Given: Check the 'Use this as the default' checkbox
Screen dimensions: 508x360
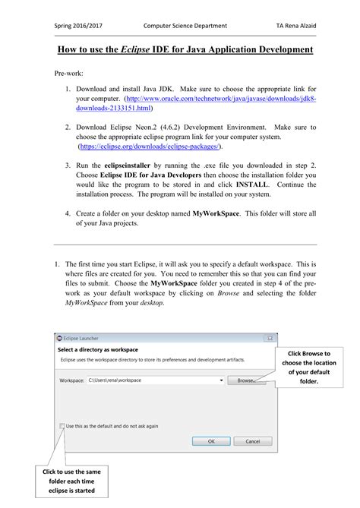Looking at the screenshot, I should [62, 426].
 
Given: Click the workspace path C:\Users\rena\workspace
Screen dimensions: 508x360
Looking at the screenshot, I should [114, 380].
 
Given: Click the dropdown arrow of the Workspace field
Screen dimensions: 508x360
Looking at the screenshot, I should [220, 380].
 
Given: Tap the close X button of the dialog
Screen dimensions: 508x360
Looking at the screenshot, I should [270, 337].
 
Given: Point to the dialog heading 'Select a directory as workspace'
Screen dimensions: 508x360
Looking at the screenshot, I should [97, 349].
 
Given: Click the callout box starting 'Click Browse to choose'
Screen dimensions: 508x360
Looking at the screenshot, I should [308, 368].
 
